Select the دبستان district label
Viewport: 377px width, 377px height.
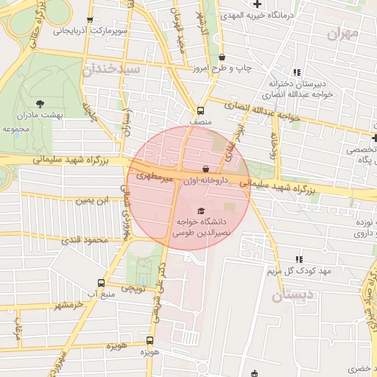point(296,296)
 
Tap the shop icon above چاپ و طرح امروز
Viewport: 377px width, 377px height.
point(222,57)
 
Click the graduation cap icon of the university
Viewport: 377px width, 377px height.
point(201,211)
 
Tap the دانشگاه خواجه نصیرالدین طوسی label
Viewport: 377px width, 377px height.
point(201,226)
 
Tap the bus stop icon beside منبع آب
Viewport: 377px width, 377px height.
point(101,283)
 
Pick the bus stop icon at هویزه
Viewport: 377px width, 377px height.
point(149,340)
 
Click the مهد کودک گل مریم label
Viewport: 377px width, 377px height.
point(297,272)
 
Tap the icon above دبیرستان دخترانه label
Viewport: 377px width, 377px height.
point(297,72)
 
